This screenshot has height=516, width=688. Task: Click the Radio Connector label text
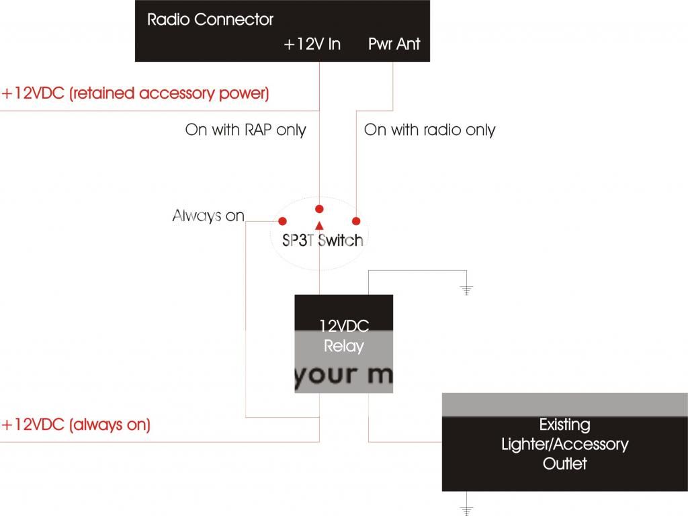(x=210, y=19)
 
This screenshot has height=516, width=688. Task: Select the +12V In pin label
(x=312, y=44)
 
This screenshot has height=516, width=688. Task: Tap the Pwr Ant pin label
(x=394, y=44)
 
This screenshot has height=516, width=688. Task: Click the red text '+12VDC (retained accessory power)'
(x=135, y=93)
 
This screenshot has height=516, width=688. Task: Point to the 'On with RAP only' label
(x=245, y=130)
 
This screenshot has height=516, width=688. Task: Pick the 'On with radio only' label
(x=429, y=130)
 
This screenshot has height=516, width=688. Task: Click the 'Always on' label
(x=208, y=216)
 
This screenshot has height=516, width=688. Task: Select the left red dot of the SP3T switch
(x=283, y=221)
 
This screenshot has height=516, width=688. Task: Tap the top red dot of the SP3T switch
(x=320, y=208)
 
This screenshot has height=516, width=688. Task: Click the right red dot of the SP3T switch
(x=356, y=221)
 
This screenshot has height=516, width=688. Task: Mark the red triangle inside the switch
(x=320, y=224)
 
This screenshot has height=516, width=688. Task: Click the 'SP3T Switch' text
(x=322, y=241)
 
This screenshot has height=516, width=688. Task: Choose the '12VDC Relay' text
(x=343, y=337)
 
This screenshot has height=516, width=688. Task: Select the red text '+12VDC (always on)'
(x=76, y=425)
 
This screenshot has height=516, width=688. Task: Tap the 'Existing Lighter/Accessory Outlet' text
(x=564, y=444)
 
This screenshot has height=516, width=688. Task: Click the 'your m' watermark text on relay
(x=343, y=375)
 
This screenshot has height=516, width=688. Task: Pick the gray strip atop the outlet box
(x=564, y=404)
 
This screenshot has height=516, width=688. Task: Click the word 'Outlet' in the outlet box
(x=564, y=464)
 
